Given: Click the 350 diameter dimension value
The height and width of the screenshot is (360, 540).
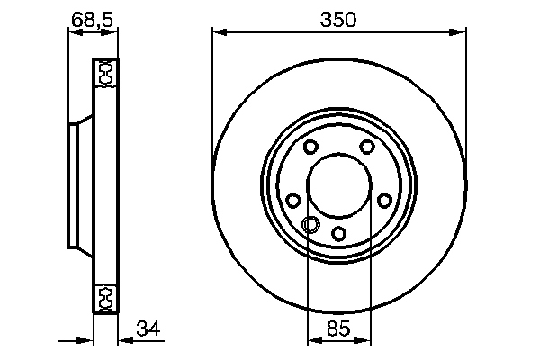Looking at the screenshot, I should (340, 19).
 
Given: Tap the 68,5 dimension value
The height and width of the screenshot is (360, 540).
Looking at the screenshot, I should (93, 18).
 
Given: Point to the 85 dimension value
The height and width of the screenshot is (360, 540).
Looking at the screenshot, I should (339, 329).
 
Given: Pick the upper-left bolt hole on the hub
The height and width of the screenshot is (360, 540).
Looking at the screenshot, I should (310, 148).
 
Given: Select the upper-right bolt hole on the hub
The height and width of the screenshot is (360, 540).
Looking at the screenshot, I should (367, 148).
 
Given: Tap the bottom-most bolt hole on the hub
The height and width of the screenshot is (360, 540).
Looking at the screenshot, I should (339, 233).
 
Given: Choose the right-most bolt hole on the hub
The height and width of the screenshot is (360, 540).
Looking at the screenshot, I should (385, 201).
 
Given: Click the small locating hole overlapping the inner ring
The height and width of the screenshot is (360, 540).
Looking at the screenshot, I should (311, 225).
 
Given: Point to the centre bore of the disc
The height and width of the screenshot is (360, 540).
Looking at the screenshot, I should (339, 187).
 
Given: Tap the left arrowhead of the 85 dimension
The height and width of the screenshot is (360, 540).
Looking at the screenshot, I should (314, 342).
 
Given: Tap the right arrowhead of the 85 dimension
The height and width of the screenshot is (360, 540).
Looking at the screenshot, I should (364, 342).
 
